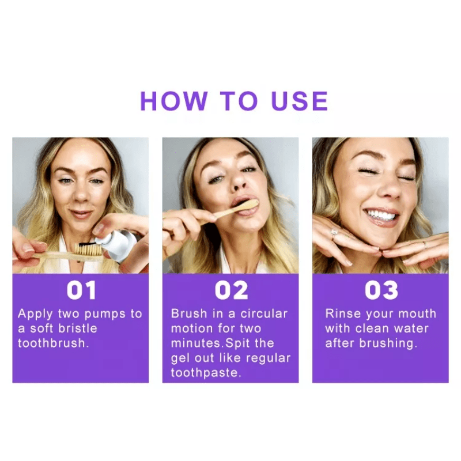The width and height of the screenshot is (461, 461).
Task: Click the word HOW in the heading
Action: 174,101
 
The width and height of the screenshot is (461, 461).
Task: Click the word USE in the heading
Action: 300,101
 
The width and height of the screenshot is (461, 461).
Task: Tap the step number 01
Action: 81,290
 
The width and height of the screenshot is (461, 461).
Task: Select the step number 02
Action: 231,290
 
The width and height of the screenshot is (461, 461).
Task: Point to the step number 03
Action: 381,290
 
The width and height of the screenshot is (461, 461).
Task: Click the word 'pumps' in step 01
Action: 105,314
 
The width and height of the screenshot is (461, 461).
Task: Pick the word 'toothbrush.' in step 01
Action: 53,343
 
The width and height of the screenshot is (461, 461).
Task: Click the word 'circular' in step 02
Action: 264,314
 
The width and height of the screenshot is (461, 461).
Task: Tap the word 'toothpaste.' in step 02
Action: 206,373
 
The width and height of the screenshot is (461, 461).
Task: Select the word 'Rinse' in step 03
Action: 343,313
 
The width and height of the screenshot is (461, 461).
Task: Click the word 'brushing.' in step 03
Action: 388,343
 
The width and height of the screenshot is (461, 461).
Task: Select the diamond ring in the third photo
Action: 334,233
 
